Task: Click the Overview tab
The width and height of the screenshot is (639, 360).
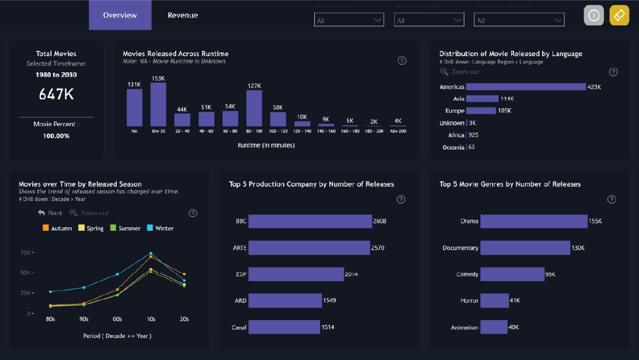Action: click(120, 15)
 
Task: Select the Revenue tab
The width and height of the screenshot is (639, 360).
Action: click(183, 15)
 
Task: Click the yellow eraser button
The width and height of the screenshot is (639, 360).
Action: click(619, 16)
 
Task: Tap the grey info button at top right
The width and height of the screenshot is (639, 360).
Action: click(593, 16)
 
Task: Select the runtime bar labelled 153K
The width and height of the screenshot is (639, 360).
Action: click(158, 105)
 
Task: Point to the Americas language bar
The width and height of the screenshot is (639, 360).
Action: click(526, 86)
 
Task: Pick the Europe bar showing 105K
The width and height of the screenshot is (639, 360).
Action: click(481, 110)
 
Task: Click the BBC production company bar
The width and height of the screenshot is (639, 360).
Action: click(311, 221)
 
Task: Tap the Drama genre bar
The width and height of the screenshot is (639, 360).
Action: click(534, 221)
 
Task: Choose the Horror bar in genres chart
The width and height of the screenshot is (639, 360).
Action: click(494, 300)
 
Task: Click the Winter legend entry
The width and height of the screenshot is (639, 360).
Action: click(161, 229)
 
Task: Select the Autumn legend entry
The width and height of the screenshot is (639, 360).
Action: click(58, 229)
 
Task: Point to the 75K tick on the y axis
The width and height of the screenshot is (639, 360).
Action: click(25, 252)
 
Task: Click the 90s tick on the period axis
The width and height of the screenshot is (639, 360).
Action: click(84, 319)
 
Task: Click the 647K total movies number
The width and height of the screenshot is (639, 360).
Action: click(56, 94)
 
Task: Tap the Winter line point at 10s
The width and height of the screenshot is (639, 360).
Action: click(151, 254)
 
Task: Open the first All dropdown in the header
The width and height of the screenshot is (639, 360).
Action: click(349, 20)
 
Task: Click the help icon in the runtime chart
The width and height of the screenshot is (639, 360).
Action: click(402, 61)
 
